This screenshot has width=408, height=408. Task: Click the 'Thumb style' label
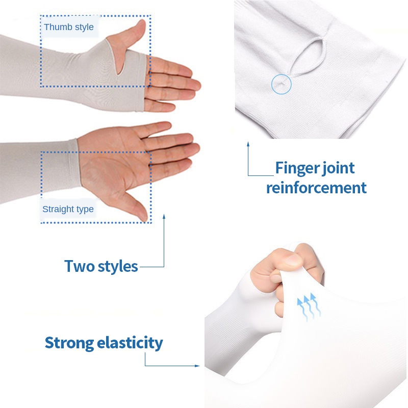69,27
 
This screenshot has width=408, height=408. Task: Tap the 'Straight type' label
68,209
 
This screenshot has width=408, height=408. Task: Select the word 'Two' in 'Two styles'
79,266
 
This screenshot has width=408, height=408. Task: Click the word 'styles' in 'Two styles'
118,267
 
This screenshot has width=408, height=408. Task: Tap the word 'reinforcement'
316,188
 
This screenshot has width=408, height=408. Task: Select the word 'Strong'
69,343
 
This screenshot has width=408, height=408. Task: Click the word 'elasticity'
130,342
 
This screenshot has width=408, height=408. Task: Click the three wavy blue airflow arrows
309,307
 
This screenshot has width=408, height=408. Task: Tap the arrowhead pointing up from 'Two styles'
164,217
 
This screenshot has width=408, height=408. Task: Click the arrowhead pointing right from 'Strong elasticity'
197,366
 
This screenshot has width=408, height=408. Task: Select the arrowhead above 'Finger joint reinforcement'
248,144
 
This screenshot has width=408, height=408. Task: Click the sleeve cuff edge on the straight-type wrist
79,163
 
